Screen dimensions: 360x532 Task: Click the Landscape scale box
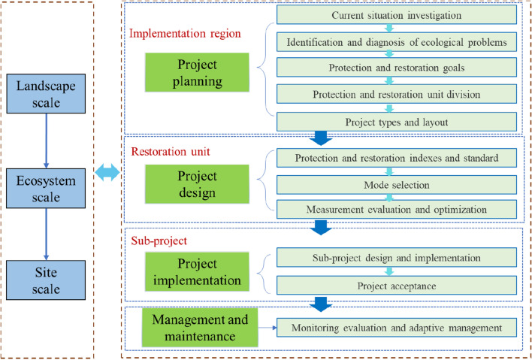(x=47, y=92)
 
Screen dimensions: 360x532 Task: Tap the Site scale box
(x=47, y=277)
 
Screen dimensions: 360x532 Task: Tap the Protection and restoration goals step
(x=395, y=68)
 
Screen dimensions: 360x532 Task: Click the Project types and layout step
(x=395, y=121)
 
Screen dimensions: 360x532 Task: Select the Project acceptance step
(x=395, y=286)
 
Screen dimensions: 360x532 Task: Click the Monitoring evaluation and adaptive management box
(x=395, y=328)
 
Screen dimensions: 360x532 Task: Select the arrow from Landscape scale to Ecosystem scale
(x=47, y=138)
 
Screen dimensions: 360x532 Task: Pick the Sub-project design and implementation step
(x=395, y=258)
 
